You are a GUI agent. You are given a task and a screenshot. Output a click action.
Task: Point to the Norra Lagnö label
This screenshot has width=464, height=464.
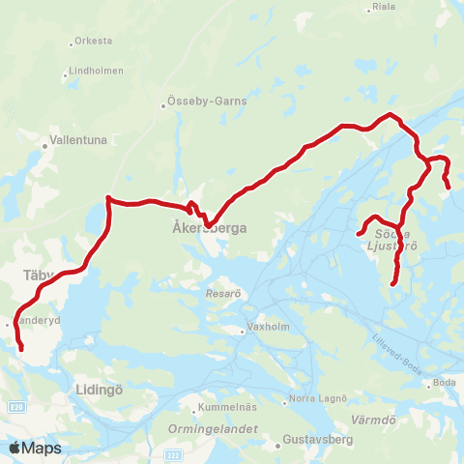(x=319, y=399)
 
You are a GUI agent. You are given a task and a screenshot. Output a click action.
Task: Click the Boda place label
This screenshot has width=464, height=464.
(x=445, y=383)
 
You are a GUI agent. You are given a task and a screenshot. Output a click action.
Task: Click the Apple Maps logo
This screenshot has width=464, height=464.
(x=34, y=448)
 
